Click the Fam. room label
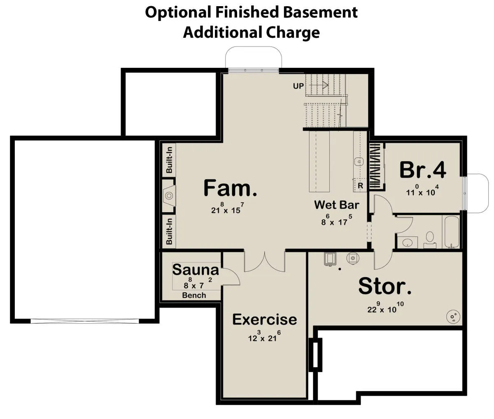(x=230, y=188)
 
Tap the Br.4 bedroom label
(x=422, y=170)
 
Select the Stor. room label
(x=385, y=286)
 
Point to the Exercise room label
(x=265, y=319)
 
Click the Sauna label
(x=196, y=270)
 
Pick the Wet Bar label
(x=336, y=205)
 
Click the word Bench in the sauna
(x=194, y=295)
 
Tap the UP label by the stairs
(x=298, y=86)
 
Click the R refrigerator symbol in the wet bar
(x=360, y=185)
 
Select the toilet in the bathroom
(x=430, y=239)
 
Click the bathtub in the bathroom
(x=452, y=232)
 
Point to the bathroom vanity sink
(x=407, y=243)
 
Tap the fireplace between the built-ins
(x=169, y=195)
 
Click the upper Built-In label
(x=169, y=160)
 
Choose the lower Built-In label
(x=169, y=231)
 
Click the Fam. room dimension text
(x=227, y=208)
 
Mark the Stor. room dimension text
(x=385, y=307)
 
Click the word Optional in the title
(x=178, y=13)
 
